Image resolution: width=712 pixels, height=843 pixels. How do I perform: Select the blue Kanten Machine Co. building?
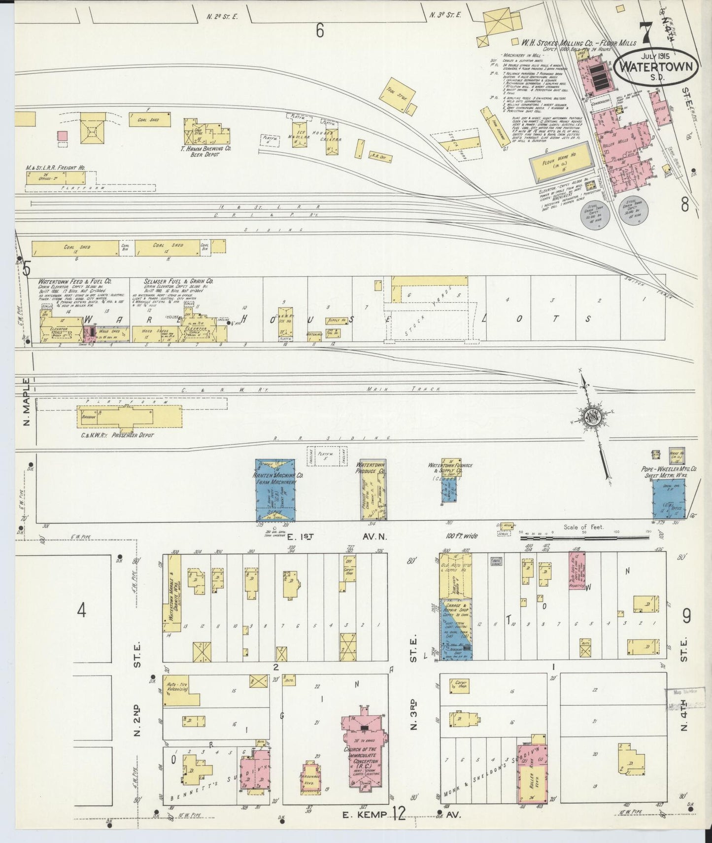pos(275,490)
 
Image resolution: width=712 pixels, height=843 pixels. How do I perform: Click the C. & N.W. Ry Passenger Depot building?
pos(129,417)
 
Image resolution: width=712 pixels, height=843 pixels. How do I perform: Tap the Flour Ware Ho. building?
pos(560,158)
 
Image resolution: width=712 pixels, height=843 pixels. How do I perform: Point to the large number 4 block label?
pos(81,611)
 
